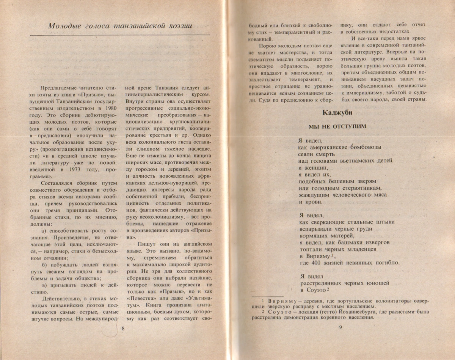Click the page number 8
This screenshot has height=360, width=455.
click(x=123, y=328)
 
